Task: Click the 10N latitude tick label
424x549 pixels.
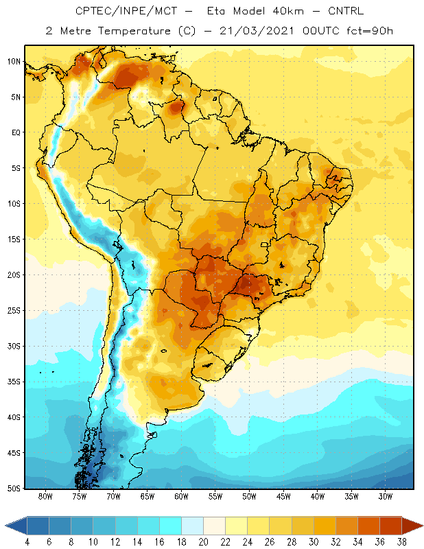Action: (14, 62)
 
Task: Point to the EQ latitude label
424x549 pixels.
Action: (16, 132)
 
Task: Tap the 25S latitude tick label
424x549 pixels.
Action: (14, 311)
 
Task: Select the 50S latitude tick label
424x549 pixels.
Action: (14, 489)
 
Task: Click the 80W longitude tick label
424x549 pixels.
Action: (45, 496)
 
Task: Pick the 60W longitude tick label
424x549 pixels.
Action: (181, 496)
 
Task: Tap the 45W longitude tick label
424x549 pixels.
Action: (283, 496)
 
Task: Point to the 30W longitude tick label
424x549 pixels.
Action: (385, 496)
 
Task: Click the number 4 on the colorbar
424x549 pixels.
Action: (27, 542)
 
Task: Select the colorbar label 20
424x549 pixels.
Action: (203, 542)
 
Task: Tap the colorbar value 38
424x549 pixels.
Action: (401, 542)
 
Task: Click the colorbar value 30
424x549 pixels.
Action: (314, 542)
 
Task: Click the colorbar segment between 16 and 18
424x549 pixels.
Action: (171, 526)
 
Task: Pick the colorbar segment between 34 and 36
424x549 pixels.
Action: (368, 526)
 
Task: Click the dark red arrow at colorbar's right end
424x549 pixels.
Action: (412, 526)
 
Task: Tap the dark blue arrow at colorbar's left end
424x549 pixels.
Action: (16, 526)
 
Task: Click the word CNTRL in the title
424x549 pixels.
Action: (346, 11)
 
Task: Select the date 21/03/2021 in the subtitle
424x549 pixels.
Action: (257, 31)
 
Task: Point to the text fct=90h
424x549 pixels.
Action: (370, 31)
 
